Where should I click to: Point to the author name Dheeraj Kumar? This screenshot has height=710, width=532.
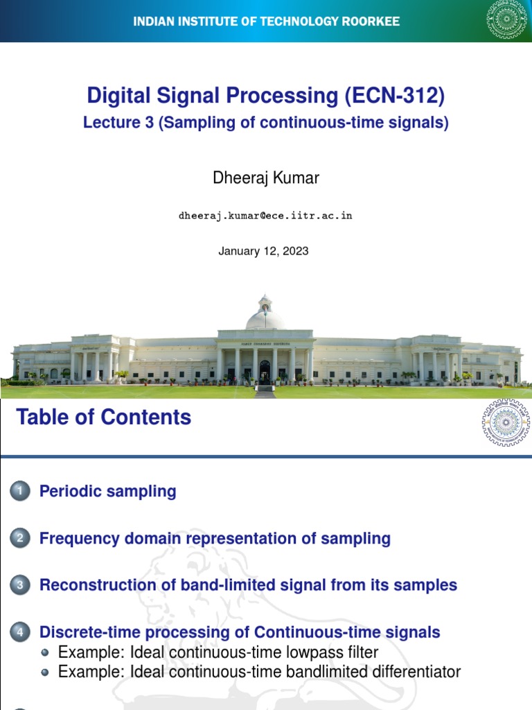266,178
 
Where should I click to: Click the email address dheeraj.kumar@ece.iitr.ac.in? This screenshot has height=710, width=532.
265,216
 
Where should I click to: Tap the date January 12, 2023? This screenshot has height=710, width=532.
263,251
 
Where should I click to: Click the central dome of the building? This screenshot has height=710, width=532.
265,317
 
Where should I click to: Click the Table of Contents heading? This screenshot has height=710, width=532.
103,417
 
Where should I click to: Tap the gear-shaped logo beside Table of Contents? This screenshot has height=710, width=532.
506,422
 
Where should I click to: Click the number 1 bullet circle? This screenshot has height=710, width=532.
20,492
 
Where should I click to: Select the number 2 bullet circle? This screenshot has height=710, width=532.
20,539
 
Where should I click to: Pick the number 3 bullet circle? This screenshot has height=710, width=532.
20,585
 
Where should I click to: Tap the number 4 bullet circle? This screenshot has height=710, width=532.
20,632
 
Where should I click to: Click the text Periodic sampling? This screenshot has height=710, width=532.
108,492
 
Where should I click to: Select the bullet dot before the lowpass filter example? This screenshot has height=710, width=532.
46,652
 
